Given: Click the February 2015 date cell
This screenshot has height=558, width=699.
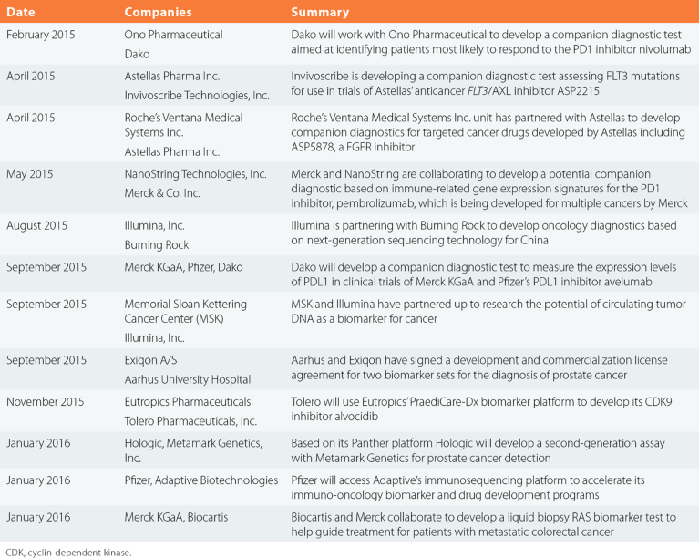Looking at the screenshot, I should point(43,35).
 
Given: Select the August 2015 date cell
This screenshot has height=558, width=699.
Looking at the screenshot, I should point(37,222).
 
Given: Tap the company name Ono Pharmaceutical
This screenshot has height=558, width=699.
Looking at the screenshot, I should point(173,35).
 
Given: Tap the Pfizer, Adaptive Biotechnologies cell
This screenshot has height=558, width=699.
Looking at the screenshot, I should point(201,480).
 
